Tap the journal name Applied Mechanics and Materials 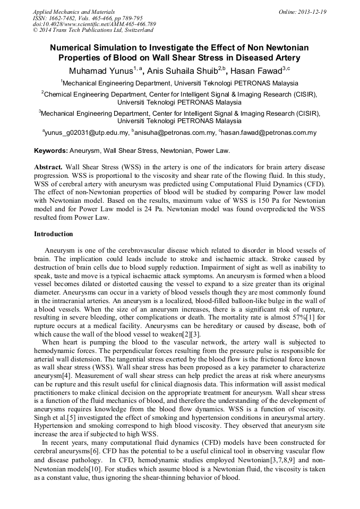coord(74,12)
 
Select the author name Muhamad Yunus coord(98,70)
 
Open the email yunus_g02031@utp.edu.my coord(87,133)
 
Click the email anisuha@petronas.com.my coord(176,133)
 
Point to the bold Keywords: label coord(52,151)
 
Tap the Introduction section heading coord(54,234)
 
